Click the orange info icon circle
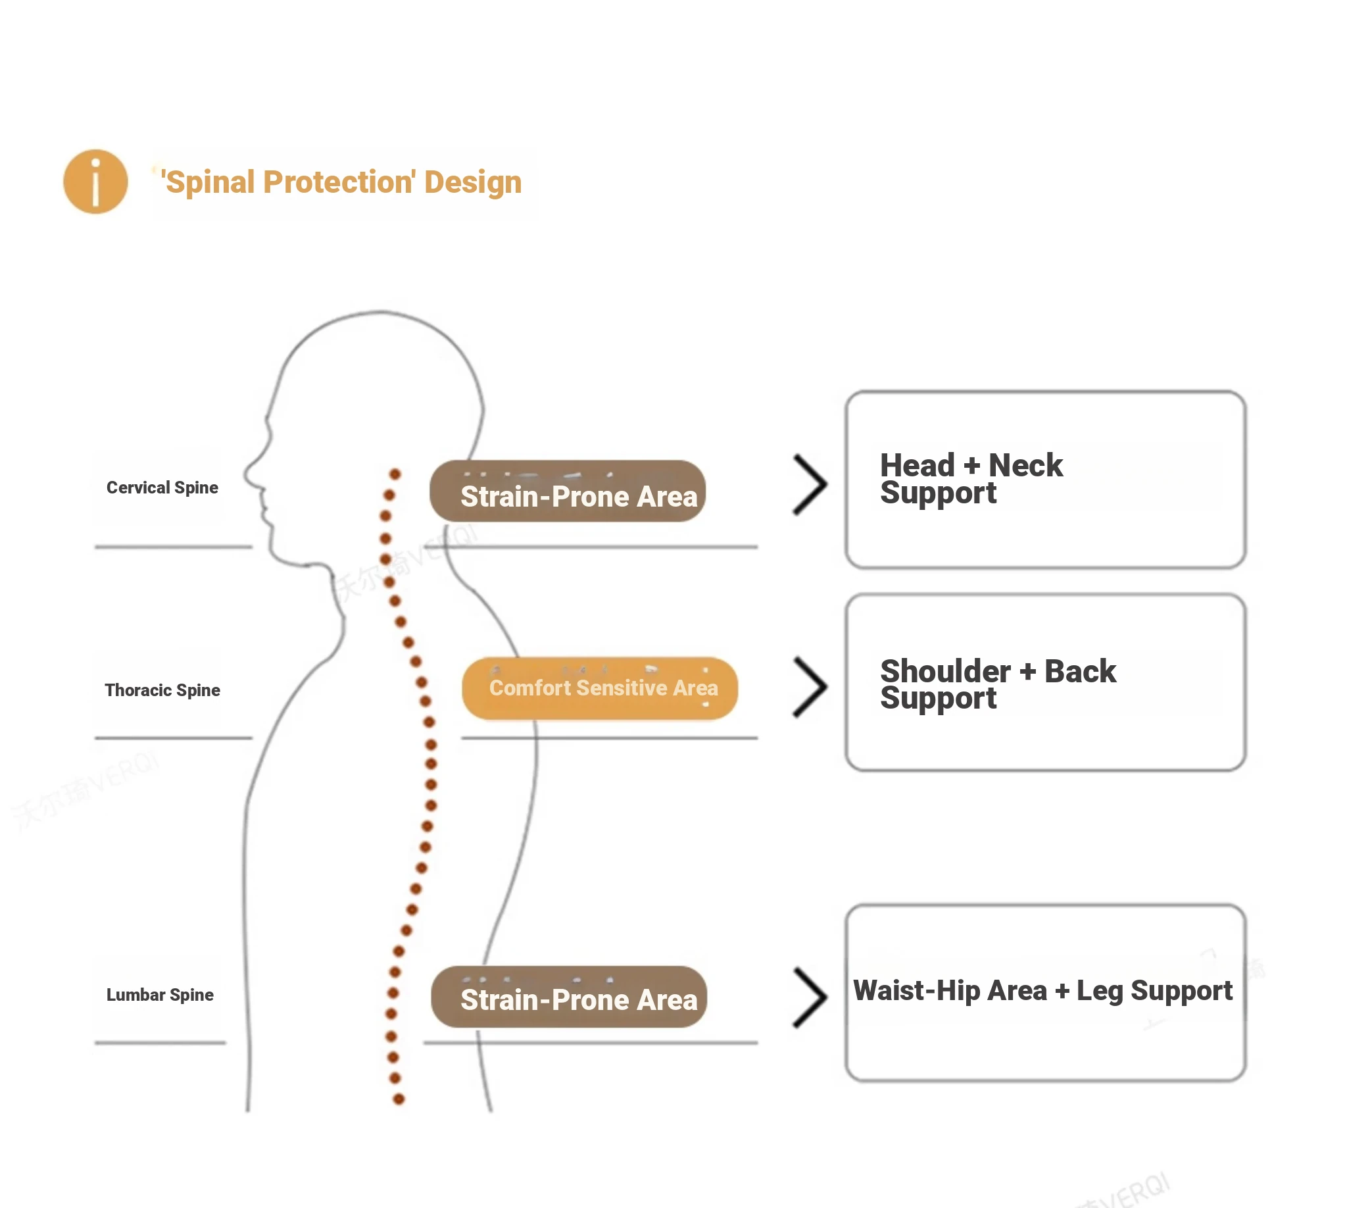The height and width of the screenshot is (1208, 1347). (x=95, y=181)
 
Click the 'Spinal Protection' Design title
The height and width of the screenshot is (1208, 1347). (x=341, y=182)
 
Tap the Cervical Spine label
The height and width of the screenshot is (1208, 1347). (x=162, y=488)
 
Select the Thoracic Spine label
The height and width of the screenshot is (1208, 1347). (x=162, y=690)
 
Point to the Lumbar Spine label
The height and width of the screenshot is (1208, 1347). (x=160, y=995)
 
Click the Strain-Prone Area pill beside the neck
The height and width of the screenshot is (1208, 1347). (x=568, y=492)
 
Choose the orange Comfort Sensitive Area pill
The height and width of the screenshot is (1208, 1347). (x=600, y=689)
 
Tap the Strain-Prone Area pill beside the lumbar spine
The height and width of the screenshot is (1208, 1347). (x=569, y=997)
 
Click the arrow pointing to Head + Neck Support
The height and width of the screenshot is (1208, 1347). (x=810, y=485)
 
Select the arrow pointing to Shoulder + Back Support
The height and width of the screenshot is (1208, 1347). (x=810, y=688)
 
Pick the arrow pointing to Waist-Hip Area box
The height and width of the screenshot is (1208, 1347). (x=810, y=997)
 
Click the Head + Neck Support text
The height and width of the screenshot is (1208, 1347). (x=971, y=478)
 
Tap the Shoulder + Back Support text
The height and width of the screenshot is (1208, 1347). (x=997, y=684)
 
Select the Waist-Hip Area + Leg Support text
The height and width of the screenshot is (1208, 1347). (x=1042, y=991)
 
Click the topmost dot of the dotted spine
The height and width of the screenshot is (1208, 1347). (x=395, y=474)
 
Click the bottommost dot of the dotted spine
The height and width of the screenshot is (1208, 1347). (x=399, y=1100)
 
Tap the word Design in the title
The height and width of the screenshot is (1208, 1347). (x=472, y=182)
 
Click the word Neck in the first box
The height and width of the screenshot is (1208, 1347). (x=1025, y=466)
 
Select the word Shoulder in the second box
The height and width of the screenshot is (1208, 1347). (x=945, y=672)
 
